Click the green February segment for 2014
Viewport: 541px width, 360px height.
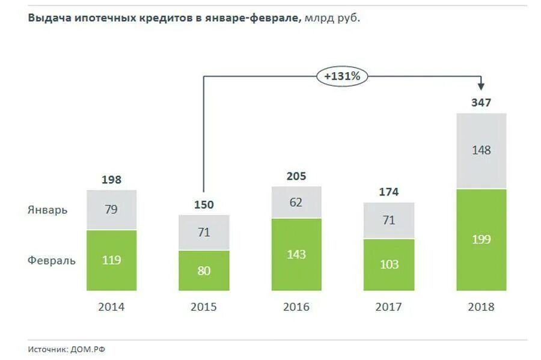(x=111, y=260)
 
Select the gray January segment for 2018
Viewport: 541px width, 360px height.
(x=481, y=151)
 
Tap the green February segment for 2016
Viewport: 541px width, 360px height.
(x=296, y=254)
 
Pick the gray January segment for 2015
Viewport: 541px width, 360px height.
(x=204, y=232)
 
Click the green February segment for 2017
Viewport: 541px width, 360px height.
(x=389, y=264)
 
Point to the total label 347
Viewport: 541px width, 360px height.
(x=481, y=103)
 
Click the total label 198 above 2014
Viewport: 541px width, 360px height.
(x=111, y=180)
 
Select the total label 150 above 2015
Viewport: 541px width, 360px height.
(x=204, y=205)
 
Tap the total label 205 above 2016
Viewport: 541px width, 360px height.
(x=296, y=176)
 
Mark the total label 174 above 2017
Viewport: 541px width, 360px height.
(x=389, y=192)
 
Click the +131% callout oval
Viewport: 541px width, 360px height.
(x=342, y=76)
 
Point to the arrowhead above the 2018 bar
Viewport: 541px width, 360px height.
(x=481, y=88)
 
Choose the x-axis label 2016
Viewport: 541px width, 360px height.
(x=296, y=307)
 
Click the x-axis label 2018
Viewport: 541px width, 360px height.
(x=481, y=307)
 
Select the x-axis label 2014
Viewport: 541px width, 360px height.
(x=111, y=307)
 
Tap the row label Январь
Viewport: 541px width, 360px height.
(x=47, y=210)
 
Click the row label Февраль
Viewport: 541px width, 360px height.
(x=52, y=260)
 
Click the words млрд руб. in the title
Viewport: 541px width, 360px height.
(x=332, y=18)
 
